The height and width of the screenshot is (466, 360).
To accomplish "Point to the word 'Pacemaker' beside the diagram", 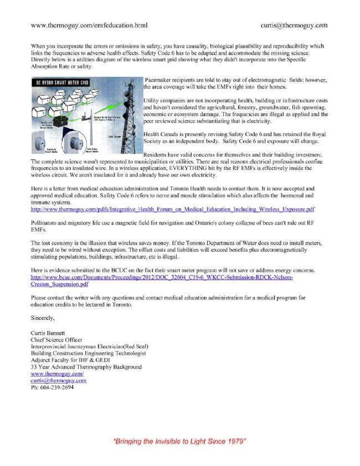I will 160,80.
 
